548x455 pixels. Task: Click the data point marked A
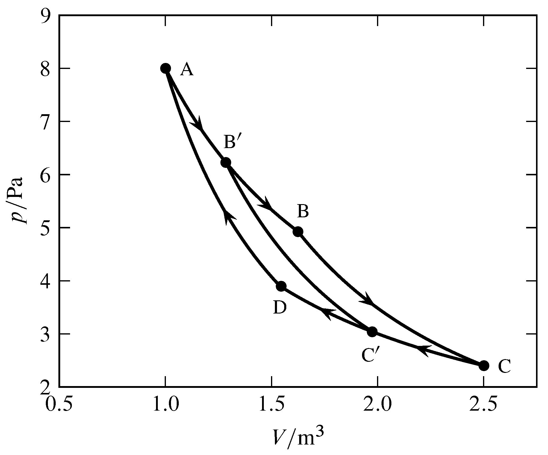click(x=165, y=68)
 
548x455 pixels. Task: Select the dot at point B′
click(x=226, y=162)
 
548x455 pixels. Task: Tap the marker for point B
click(x=298, y=231)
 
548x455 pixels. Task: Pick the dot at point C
click(x=484, y=366)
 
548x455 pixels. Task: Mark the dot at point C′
click(x=372, y=332)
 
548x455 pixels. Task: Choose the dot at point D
click(x=281, y=286)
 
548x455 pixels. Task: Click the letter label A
click(x=187, y=70)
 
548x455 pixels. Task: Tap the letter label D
click(x=280, y=308)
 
